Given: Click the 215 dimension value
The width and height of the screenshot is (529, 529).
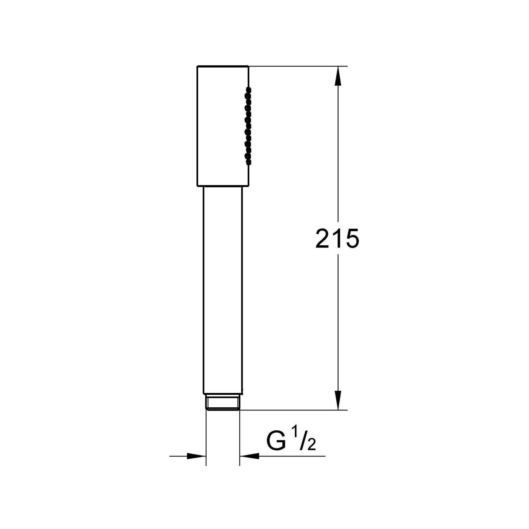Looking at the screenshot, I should pyautogui.click(x=337, y=239).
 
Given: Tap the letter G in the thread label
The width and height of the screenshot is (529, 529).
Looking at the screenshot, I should pyautogui.click(x=276, y=441).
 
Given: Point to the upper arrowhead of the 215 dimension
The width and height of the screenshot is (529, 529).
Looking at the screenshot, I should pyautogui.click(x=338, y=76).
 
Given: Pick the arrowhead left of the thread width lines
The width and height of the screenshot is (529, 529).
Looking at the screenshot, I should pyautogui.click(x=196, y=456).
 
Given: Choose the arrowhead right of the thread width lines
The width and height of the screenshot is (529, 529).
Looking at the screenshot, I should pyautogui.click(x=249, y=456).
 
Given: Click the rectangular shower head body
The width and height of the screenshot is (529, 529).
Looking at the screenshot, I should pyautogui.click(x=222, y=126).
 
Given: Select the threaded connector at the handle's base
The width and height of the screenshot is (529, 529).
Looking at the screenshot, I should pyautogui.click(x=223, y=402).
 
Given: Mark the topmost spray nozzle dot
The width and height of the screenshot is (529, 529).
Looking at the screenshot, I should pyautogui.click(x=249, y=89).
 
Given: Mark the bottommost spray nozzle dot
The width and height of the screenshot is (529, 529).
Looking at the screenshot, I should pyautogui.click(x=249, y=162).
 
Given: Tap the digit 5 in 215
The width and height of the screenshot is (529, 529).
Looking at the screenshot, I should pyautogui.click(x=351, y=239).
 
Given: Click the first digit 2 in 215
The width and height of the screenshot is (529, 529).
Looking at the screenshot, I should pyautogui.click(x=323, y=239).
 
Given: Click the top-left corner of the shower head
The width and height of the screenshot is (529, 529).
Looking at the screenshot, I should pyautogui.click(x=198, y=67).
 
